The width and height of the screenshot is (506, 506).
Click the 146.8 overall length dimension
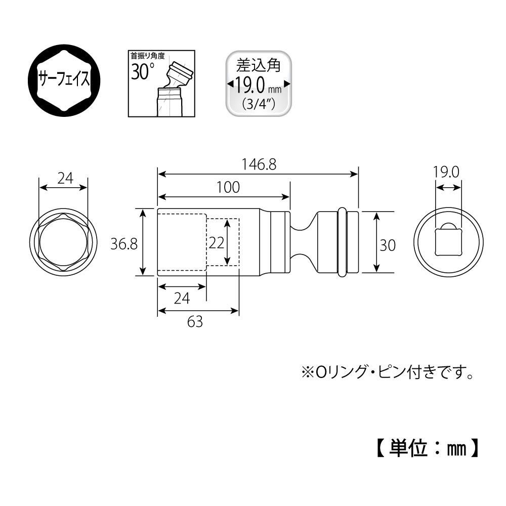(x=259, y=165)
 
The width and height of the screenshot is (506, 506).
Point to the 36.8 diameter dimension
(x=124, y=244)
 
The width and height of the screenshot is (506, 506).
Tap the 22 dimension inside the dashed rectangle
(x=216, y=243)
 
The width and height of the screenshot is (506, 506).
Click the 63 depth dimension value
(x=195, y=321)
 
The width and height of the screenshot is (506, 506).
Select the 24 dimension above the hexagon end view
(x=65, y=179)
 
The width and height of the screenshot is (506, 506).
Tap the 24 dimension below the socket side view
(x=181, y=299)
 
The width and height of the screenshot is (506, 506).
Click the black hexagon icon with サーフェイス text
(x=64, y=79)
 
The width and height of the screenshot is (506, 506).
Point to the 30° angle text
(x=143, y=71)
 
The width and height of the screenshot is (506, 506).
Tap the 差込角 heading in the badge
(x=258, y=65)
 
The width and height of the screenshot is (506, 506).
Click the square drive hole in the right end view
(x=448, y=242)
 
